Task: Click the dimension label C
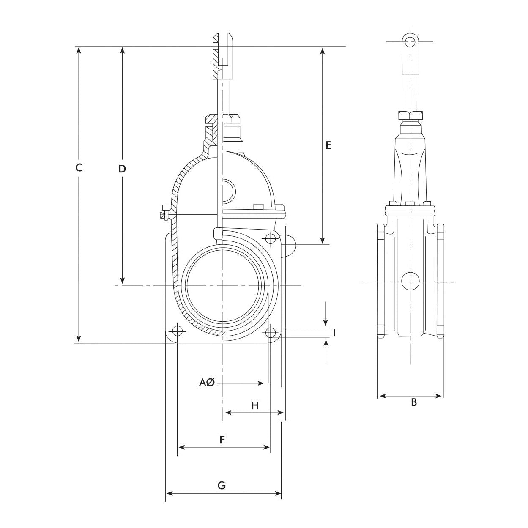click(79, 167)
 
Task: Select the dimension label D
click(122, 169)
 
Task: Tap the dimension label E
click(328, 145)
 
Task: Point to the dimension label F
click(222, 440)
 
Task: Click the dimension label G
click(222, 485)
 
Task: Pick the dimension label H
click(255, 406)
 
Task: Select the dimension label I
click(334, 333)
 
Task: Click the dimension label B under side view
click(414, 402)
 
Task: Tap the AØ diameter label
click(208, 383)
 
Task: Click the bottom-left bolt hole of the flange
click(178, 330)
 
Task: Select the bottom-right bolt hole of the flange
click(271, 332)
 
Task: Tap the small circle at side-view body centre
click(410, 282)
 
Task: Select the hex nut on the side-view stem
click(410, 115)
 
